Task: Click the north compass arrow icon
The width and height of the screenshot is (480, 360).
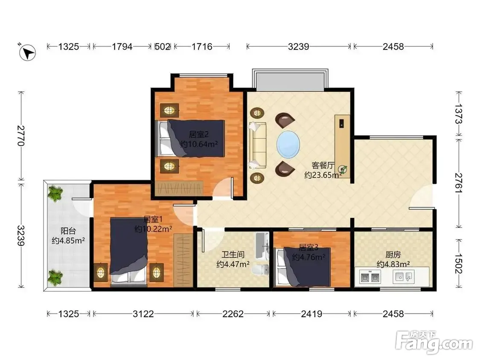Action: (27, 52)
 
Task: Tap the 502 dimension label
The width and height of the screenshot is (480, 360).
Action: (163, 46)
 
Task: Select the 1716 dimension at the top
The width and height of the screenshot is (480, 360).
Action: (202, 46)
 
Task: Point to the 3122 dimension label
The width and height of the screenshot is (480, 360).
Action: (143, 314)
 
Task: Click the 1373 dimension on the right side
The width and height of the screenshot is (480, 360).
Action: (458, 114)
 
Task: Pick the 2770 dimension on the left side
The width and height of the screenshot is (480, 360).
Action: (21, 136)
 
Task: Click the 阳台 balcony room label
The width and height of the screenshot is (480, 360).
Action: (68, 231)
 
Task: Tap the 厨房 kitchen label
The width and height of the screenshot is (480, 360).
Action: (393, 254)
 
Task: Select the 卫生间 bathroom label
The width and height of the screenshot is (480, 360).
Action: (233, 254)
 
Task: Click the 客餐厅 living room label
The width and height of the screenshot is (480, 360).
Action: (323, 165)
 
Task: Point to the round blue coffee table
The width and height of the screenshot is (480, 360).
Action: (288, 145)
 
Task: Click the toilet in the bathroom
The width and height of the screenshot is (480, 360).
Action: (260, 270)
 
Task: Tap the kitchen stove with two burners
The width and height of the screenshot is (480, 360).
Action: (370, 277)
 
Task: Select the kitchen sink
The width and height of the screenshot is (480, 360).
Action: (404, 277)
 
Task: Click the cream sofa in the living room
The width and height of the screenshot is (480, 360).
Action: (257, 145)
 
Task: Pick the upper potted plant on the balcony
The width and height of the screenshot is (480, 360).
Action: (55, 194)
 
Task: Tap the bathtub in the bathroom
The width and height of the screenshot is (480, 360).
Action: (262, 246)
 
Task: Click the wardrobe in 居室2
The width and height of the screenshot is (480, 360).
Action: (179, 188)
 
